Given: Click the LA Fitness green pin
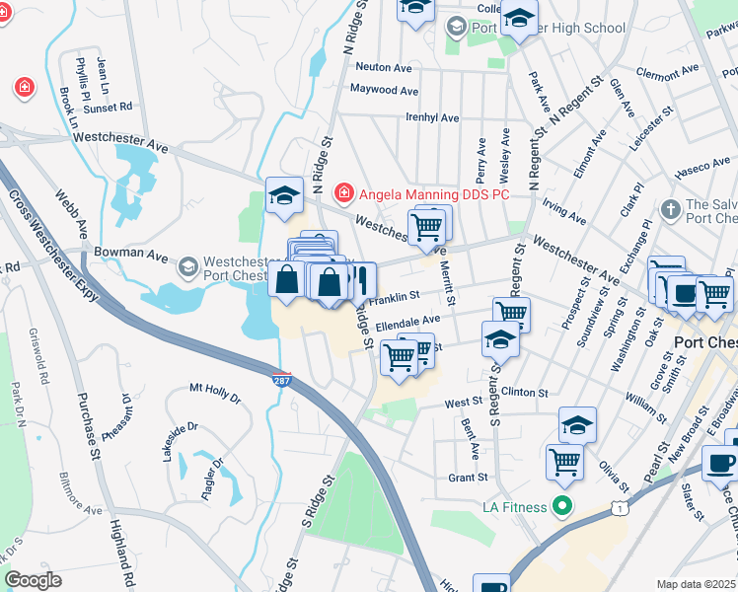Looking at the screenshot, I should (x=563, y=507).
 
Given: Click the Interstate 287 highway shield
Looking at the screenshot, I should (x=282, y=379).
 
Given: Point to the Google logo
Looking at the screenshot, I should (x=33, y=580).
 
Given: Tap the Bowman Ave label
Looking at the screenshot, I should (x=143, y=254).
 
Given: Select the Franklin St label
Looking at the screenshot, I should (x=394, y=295).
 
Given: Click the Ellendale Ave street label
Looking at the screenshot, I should (x=407, y=321).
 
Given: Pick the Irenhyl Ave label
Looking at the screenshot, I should (x=432, y=117).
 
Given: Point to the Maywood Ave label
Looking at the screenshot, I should (x=385, y=90).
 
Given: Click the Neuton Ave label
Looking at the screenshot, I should (x=384, y=67).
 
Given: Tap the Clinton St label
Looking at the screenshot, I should (x=524, y=392).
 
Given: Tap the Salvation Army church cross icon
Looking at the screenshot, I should (x=670, y=209).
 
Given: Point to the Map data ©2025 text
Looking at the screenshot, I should (x=696, y=584).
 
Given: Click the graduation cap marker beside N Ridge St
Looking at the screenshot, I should (x=284, y=194).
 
